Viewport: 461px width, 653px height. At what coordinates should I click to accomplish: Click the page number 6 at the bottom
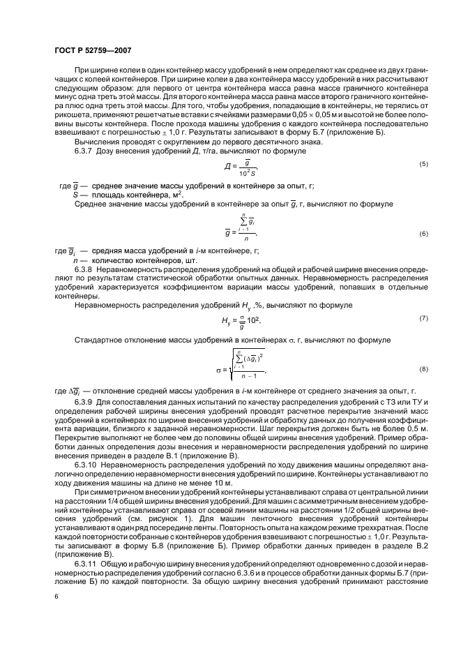pyautogui.click(x=56, y=596)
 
